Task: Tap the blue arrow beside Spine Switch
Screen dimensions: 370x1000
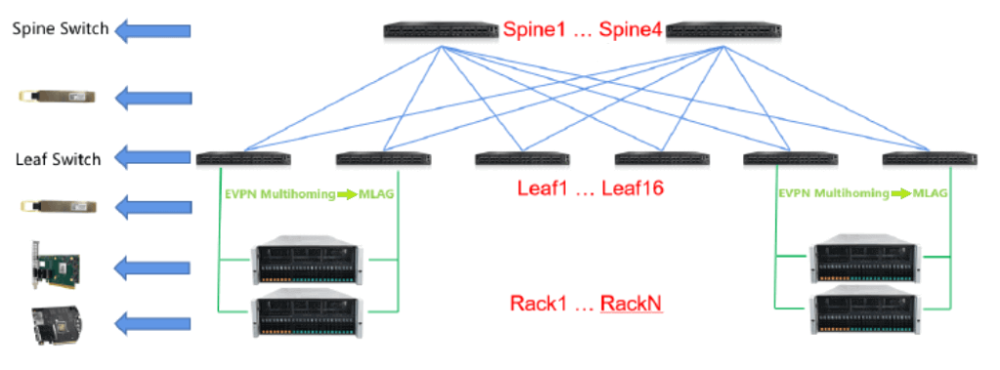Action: pyautogui.click(x=152, y=31)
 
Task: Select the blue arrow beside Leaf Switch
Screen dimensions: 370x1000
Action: pyautogui.click(x=152, y=157)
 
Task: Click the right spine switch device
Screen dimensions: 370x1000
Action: pyautogui.click(x=723, y=31)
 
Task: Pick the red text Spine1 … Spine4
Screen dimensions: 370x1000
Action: pyautogui.click(x=582, y=30)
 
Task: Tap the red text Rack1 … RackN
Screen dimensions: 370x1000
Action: pyautogui.click(x=585, y=304)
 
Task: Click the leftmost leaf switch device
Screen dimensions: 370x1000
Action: pyautogui.click(x=243, y=158)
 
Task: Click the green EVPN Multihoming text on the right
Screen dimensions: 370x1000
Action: pyautogui.click(x=831, y=193)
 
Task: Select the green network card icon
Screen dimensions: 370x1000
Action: pyautogui.click(x=55, y=266)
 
